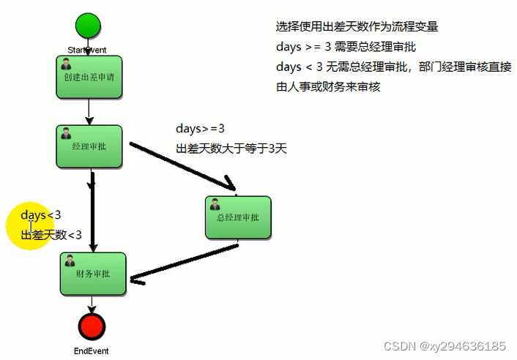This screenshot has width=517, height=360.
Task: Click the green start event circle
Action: click(x=88, y=26)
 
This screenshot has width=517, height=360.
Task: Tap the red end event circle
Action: click(x=92, y=326)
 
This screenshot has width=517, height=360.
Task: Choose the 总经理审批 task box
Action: click(x=238, y=217)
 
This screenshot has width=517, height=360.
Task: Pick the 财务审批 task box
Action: click(x=92, y=274)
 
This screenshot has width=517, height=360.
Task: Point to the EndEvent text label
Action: click(x=92, y=351)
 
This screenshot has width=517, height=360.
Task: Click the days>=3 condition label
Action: click(x=200, y=130)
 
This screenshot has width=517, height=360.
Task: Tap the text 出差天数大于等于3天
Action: click(x=231, y=149)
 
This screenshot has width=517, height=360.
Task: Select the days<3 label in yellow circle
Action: click(x=41, y=215)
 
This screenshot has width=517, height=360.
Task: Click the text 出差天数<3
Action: click(x=51, y=235)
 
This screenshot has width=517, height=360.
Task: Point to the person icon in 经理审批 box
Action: click(x=66, y=132)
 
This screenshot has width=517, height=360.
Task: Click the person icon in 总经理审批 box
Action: click(x=215, y=203)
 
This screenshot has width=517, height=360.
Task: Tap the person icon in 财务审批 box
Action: click(x=69, y=260)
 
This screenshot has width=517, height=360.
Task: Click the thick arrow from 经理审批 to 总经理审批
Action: click(x=183, y=165)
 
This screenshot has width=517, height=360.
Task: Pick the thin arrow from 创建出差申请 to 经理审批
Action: click(x=88, y=111)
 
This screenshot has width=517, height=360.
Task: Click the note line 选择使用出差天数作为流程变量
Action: click(x=357, y=26)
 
